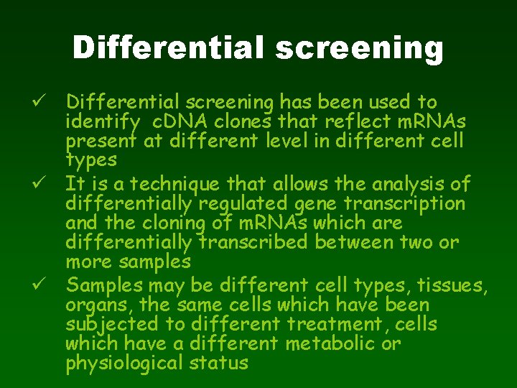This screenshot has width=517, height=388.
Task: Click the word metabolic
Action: coord(333,343)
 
